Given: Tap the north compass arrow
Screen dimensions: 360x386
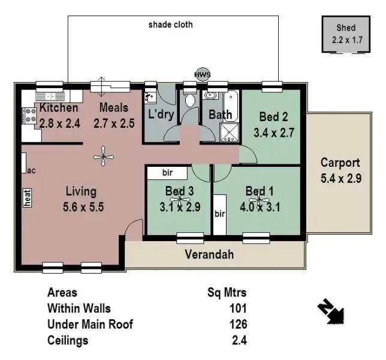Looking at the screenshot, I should tap(330, 311).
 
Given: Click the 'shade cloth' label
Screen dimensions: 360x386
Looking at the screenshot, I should tap(170, 25).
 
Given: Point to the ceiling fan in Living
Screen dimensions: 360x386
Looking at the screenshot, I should tap(104, 157).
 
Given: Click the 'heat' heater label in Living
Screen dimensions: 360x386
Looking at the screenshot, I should tap(27, 197).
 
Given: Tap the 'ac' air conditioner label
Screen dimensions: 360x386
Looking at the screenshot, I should tap(32, 170).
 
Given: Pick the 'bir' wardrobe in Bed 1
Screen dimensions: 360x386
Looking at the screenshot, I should tap(219, 214).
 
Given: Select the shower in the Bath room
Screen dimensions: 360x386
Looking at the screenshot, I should tap(229, 131).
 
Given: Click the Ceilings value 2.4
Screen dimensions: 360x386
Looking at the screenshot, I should tap(240, 340).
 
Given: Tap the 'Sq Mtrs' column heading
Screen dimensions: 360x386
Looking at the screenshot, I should tap(227, 293).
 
